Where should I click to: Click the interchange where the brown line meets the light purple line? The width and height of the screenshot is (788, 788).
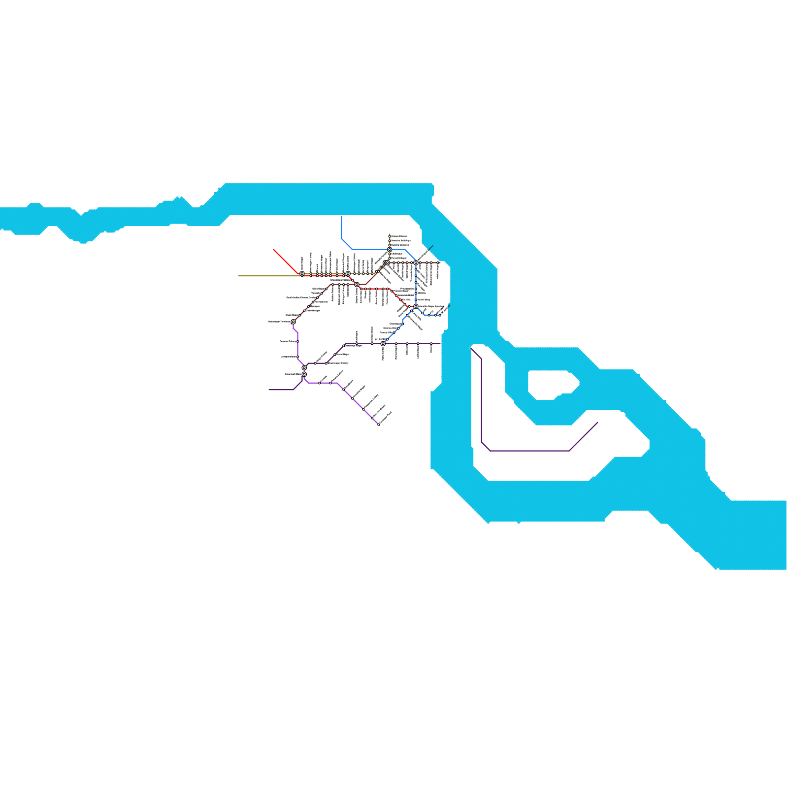(x=293, y=322)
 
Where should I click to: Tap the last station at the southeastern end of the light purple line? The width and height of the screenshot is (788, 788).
(x=379, y=425)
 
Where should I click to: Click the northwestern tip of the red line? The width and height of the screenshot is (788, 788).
(x=274, y=250)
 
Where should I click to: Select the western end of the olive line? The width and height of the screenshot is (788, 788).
(x=239, y=276)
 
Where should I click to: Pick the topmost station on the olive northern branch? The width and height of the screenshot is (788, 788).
(x=390, y=236)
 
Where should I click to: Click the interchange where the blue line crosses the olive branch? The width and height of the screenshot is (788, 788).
(x=390, y=250)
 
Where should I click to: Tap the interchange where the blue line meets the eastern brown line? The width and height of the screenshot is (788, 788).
(x=416, y=263)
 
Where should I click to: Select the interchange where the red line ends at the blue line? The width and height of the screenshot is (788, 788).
(x=416, y=306)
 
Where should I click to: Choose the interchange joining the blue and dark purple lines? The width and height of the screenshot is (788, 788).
(x=383, y=344)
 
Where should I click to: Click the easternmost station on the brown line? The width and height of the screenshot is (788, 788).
(x=438, y=263)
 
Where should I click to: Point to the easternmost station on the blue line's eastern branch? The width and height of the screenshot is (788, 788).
(x=440, y=315)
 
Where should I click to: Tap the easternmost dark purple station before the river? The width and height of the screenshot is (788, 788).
(x=431, y=344)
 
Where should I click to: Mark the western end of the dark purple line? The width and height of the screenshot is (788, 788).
(x=269, y=390)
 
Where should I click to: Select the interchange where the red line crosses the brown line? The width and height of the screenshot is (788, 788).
(x=357, y=284)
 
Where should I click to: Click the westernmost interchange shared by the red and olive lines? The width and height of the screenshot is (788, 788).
(x=302, y=274)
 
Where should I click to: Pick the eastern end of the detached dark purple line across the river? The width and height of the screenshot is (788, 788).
(x=597, y=423)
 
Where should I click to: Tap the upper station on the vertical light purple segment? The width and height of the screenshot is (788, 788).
(x=297, y=341)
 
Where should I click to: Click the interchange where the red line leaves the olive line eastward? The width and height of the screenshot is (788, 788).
(x=348, y=274)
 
